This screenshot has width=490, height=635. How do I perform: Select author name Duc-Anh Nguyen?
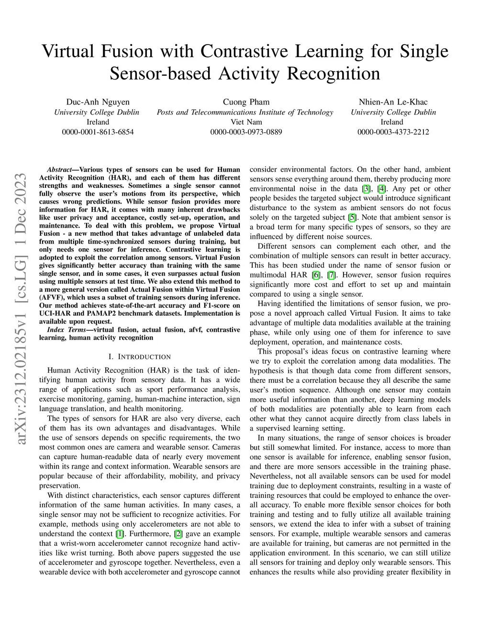(98, 102)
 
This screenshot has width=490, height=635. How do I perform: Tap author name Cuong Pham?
(246, 102)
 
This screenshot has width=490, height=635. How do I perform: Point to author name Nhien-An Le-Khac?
(393, 102)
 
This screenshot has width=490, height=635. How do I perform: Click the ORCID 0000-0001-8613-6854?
(98, 132)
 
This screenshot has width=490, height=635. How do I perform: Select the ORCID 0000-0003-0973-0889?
(246, 132)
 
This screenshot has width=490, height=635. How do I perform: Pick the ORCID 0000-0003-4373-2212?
(393, 132)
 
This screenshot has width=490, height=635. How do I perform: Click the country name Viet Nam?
(246, 122)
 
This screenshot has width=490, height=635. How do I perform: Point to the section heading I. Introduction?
(139, 357)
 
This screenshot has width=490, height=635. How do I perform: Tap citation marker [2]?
(178, 534)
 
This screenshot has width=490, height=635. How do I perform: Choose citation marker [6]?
(316, 275)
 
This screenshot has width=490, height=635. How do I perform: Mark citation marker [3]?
(366, 189)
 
